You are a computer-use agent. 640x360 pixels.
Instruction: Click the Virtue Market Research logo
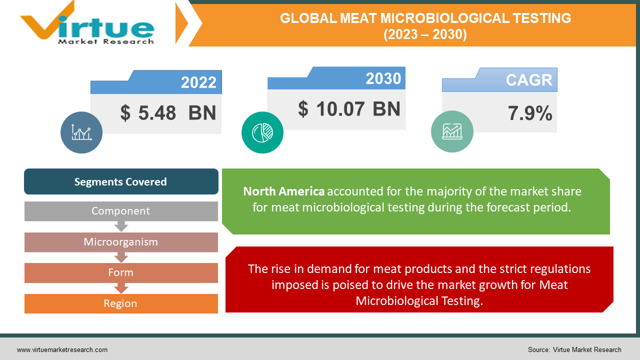pyautogui.click(x=87, y=24)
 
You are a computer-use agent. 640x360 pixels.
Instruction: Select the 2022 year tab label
pyautogui.click(x=198, y=82)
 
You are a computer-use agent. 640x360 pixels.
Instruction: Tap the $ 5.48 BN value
pyautogui.click(x=168, y=113)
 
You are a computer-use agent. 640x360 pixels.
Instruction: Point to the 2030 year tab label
pyautogui.click(x=383, y=78)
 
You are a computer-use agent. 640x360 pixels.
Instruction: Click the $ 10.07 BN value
pyautogui.click(x=349, y=108)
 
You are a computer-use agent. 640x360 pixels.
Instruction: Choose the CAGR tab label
pyautogui.click(x=529, y=80)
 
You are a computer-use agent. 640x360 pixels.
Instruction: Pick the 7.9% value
pyautogui.click(x=530, y=114)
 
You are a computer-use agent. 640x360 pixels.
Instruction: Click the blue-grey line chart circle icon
pyautogui.click(x=81, y=132)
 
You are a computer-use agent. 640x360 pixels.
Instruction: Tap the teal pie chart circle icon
pyautogui.click(x=262, y=132)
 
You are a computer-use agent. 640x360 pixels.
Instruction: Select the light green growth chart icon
pyautogui.click(x=452, y=131)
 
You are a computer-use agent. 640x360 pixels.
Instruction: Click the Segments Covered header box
pyautogui.click(x=121, y=181)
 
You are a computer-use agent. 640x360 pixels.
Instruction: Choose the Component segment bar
pyautogui.click(x=121, y=211)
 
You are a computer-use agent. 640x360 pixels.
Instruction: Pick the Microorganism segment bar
pyautogui.click(x=121, y=242)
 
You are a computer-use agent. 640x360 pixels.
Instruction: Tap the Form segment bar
pyautogui.click(x=121, y=272)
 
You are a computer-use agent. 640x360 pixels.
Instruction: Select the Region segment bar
pyautogui.click(x=121, y=303)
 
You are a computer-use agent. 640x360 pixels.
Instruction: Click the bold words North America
pyautogui.click(x=283, y=191)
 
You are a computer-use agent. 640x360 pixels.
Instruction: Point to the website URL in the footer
pyautogui.click(x=62, y=349)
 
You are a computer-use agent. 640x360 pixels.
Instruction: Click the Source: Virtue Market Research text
pyautogui.click(x=574, y=349)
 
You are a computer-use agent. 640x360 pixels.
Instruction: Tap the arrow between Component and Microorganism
pyautogui.click(x=121, y=226)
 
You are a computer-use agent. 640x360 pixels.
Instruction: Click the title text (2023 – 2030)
pyautogui.click(x=425, y=34)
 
